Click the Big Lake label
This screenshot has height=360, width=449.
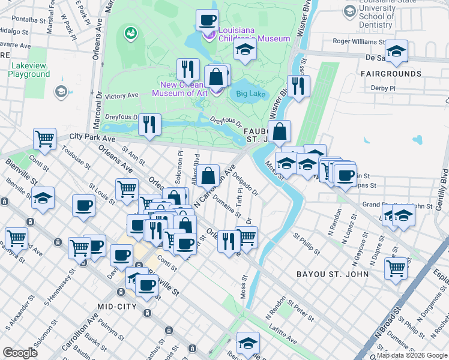click(251, 94)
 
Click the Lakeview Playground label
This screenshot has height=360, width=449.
click(29, 70)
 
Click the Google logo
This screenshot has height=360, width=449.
click(20, 353)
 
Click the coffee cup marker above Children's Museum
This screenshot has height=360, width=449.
click(207, 20)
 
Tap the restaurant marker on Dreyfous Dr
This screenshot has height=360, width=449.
click(149, 124)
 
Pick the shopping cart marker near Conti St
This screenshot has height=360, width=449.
click(45, 139)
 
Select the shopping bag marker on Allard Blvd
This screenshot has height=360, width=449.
click(208, 176)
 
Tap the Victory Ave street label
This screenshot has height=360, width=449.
click(122, 95)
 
